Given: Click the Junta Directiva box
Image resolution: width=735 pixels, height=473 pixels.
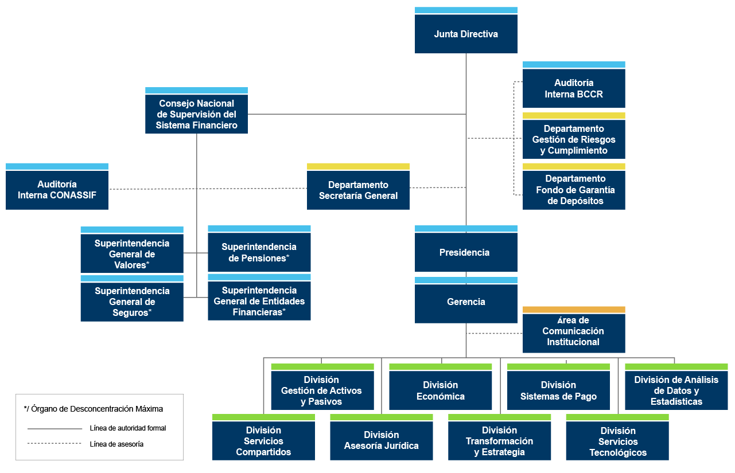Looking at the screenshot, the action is point(466,34).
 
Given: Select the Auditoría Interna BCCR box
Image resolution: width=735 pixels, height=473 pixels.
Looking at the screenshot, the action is point(574,88).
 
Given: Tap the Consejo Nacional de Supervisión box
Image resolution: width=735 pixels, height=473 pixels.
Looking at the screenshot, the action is point(196,114).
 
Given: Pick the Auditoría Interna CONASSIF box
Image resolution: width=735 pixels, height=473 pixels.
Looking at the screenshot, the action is point(57,190).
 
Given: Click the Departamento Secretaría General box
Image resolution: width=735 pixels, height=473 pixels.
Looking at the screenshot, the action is point(358,190).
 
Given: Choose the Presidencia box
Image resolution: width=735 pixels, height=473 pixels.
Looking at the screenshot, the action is point(466,252).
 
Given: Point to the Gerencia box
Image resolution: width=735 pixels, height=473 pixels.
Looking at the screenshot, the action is point(466,303).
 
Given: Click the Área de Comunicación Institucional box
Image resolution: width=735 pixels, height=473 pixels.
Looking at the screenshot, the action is point(574,333).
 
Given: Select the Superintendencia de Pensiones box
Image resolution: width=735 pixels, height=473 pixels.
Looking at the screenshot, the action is point(259,252).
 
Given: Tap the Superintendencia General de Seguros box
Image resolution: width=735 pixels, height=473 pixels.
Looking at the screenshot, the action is point(132,302).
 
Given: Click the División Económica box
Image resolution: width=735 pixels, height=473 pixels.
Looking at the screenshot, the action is point(440,390).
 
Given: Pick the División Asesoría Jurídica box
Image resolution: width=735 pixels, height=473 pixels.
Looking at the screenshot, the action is point(382,440).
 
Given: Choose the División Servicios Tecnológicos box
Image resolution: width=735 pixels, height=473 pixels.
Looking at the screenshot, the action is point(617,440).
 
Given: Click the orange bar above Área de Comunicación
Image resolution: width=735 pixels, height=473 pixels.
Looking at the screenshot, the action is point(574,310).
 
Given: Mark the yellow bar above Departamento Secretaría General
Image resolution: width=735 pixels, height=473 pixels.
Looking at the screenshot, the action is point(358,166).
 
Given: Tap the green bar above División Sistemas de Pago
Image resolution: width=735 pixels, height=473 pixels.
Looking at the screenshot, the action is point(558,367).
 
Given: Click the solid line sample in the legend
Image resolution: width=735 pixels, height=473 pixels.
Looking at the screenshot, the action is point(55,428).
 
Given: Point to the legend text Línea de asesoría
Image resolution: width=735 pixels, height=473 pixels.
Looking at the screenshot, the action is point(116,444).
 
